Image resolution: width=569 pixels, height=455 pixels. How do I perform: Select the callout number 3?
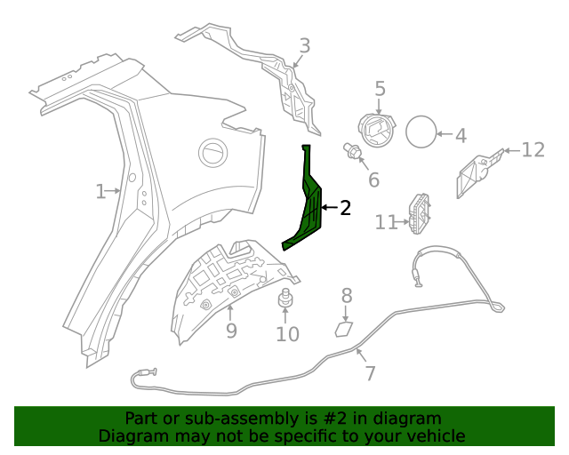click(305, 46)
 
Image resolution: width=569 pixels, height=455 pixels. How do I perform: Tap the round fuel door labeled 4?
click(421, 132)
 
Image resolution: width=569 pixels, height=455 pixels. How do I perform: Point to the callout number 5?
click(380, 89)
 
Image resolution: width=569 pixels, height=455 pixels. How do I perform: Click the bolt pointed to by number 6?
click(352, 151)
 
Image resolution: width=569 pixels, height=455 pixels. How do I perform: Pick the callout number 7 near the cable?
click(370, 374)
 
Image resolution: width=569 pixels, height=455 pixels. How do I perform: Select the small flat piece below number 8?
click(344, 330)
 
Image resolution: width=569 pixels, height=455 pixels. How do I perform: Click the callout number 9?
click(231, 331)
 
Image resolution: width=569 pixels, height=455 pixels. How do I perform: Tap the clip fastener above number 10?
click(285, 299)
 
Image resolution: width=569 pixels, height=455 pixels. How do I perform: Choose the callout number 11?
click(386, 222)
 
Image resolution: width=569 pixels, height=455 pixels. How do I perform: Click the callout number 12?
click(533, 150)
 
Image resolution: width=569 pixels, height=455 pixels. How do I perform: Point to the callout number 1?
click(100, 191)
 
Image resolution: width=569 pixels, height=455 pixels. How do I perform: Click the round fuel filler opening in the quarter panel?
click(213, 153)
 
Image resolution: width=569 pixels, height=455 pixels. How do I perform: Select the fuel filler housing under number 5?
click(377, 131)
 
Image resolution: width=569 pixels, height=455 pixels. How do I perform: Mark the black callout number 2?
click(346, 208)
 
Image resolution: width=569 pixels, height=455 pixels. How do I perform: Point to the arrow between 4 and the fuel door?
click(445, 134)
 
